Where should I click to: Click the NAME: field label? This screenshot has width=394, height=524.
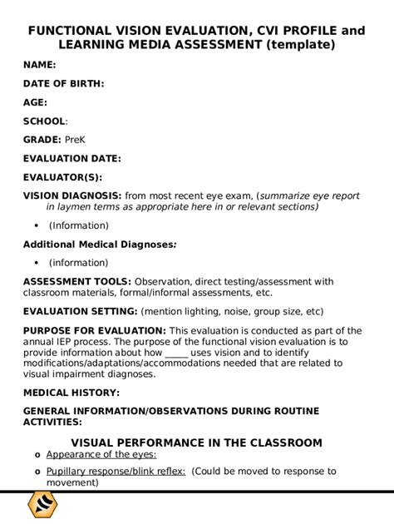point(39,64)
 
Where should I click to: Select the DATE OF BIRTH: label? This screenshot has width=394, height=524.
point(63,83)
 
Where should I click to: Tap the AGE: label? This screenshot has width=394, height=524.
point(35,102)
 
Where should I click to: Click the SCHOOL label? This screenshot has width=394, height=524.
point(44,121)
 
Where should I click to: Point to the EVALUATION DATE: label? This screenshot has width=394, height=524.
point(71,158)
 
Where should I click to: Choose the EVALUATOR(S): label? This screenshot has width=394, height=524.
point(62,176)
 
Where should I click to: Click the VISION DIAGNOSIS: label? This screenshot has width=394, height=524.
point(71,195)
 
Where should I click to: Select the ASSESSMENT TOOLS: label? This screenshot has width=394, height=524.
point(76,281)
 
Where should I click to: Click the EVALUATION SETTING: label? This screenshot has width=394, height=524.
point(80,311)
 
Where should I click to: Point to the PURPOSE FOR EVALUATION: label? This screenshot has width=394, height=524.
point(94,330)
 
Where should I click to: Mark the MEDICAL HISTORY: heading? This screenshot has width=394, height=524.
point(71,392)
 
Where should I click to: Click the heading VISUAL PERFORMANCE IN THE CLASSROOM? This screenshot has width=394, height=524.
point(196,442)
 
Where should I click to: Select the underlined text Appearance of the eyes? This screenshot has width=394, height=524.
point(101,455)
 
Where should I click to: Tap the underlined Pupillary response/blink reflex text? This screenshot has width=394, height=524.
point(116,471)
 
